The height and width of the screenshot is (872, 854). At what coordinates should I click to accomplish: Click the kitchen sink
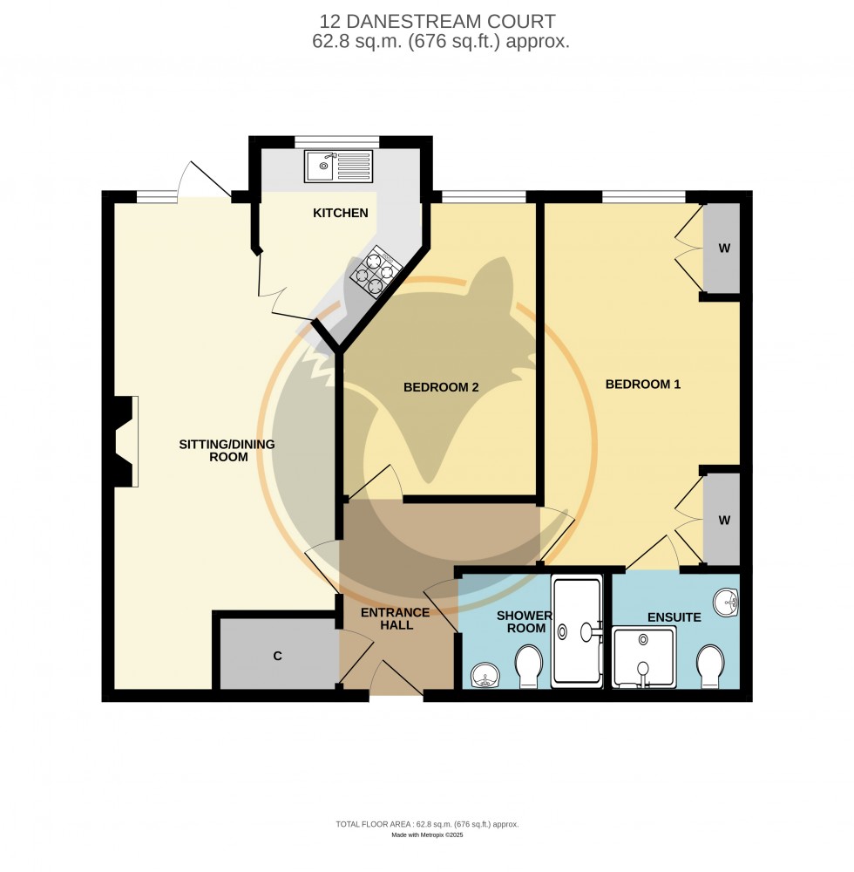click(337, 165)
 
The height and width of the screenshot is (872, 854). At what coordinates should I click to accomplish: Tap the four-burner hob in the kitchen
click(373, 271)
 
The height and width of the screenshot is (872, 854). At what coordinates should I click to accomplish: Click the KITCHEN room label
click(342, 213)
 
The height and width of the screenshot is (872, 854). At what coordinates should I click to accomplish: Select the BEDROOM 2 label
click(441, 387)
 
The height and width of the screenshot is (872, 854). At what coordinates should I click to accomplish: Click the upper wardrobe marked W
click(722, 249)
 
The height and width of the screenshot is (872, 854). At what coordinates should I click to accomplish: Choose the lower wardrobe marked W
click(722, 521)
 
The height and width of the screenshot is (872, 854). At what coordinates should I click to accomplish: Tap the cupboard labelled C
click(278, 655)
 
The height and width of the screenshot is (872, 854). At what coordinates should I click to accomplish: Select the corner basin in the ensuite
click(727, 602)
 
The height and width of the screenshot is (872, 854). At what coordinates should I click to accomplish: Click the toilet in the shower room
click(529, 666)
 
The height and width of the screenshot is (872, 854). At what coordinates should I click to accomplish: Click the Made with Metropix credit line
click(427, 835)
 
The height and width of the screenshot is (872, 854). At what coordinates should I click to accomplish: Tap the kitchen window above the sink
click(337, 140)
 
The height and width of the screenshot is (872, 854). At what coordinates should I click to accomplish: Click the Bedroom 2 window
click(484, 196)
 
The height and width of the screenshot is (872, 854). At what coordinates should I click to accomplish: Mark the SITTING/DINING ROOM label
click(227, 450)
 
